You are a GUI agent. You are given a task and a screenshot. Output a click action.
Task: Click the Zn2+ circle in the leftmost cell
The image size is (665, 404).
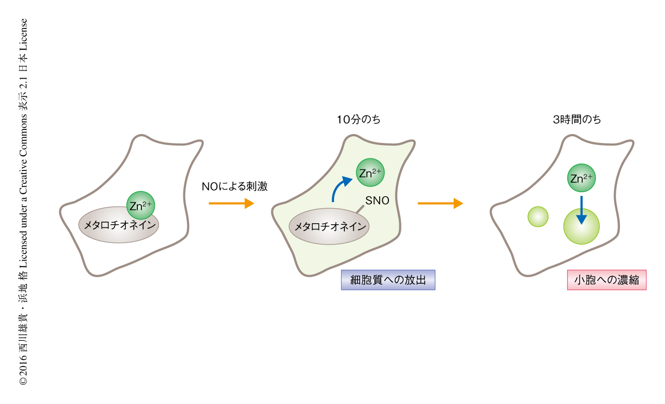[x=140, y=206]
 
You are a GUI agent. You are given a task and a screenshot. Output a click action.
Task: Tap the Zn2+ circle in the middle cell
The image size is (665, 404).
[x=370, y=173]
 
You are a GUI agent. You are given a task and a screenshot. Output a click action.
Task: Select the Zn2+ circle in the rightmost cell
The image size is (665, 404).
[x=581, y=179]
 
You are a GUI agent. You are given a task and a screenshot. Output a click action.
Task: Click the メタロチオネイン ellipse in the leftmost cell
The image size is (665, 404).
[x=119, y=225]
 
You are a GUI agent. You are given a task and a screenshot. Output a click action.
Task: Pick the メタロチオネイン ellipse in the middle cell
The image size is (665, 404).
[x=329, y=226]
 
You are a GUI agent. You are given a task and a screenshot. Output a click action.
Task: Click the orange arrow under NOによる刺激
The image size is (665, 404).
[x=231, y=204]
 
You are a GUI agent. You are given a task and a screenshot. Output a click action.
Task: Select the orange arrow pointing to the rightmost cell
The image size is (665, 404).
[x=440, y=204]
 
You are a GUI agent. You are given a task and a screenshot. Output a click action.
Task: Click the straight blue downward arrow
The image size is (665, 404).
[x=581, y=210]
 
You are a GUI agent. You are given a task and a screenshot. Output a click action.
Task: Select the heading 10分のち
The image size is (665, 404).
[x=358, y=120]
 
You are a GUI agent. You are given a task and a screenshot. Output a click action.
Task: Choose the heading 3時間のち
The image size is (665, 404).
[x=576, y=120]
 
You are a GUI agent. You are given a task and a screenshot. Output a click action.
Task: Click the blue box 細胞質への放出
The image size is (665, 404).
[x=388, y=280]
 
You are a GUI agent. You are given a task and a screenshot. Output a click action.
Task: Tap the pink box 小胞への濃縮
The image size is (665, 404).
[x=606, y=280]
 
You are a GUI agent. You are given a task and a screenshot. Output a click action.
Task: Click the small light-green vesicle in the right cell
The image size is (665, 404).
[x=538, y=217]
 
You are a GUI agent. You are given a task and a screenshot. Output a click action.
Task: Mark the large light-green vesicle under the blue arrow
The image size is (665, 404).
[x=581, y=228]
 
